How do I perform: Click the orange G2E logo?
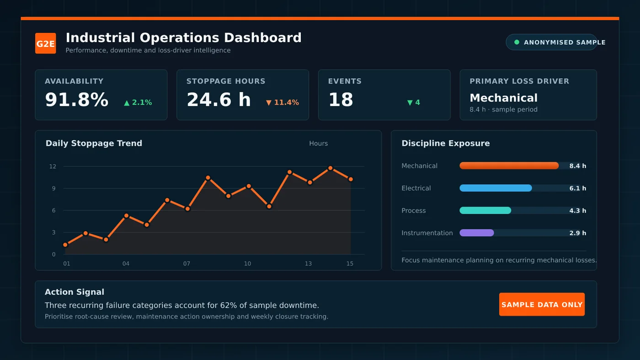tap(45, 43)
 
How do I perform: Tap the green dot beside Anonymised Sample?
tap(517, 42)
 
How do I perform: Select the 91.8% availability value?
tap(77, 100)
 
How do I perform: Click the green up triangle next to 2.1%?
tap(127, 103)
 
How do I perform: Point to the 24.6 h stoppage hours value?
tap(219, 100)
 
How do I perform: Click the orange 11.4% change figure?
tap(286, 102)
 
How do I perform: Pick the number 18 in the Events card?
tap(341, 100)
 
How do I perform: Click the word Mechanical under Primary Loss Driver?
tap(503, 98)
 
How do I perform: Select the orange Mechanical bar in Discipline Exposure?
tap(509, 165)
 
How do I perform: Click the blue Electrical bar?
tap(496, 188)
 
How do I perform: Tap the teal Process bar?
tap(485, 211)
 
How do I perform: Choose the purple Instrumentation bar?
tap(476, 233)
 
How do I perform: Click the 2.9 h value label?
tap(577, 233)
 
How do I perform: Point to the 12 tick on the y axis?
tap(53, 166)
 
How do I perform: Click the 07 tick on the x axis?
tap(187, 264)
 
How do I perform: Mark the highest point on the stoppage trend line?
tap(330, 168)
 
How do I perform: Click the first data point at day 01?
tap(65, 245)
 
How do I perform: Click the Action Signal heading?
tap(74, 292)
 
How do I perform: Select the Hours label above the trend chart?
tap(318, 143)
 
